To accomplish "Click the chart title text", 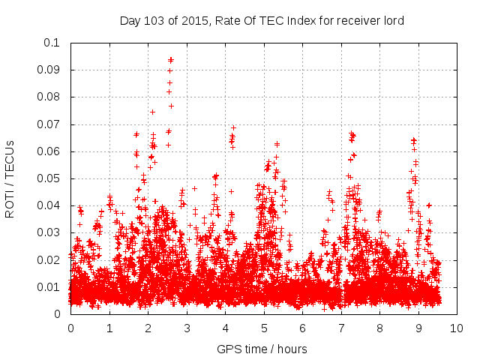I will [x=262, y=20].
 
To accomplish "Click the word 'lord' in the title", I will [x=393, y=20].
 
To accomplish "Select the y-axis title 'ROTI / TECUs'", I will [x=10, y=178].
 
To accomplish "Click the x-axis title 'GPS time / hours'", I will [x=262, y=349].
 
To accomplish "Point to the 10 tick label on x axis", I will [x=456, y=328].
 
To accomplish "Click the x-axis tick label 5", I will [x=263, y=328].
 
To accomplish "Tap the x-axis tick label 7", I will [x=340, y=328].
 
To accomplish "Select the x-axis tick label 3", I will [x=186, y=328].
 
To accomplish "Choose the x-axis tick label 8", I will [x=379, y=328].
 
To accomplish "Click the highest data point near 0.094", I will [x=171, y=59].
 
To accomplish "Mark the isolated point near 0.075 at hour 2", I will [x=152, y=112].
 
